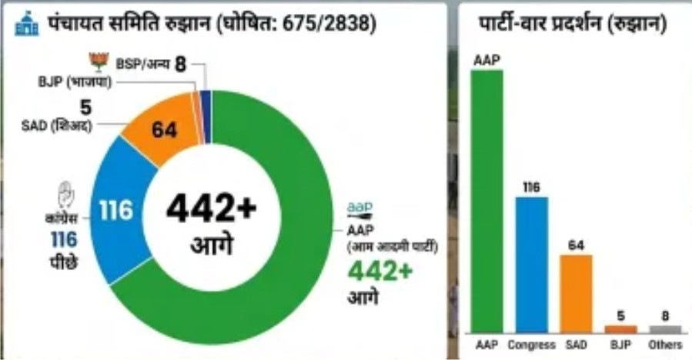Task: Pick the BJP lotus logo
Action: coord(99,62)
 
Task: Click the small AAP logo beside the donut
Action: coord(359,208)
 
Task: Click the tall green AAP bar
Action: coord(487,200)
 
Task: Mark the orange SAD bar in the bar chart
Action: coord(576,292)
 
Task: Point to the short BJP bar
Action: coord(620,328)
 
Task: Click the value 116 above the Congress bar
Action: coord(532,187)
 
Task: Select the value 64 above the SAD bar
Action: coord(576,244)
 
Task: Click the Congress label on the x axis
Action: coord(532,345)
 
